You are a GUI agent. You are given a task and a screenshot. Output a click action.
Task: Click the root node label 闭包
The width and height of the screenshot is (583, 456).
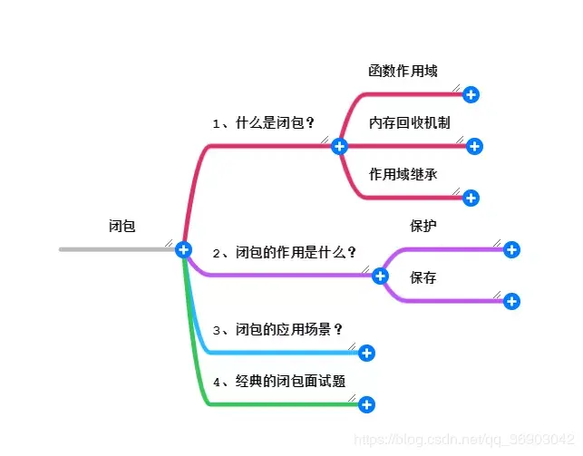pos(121,226)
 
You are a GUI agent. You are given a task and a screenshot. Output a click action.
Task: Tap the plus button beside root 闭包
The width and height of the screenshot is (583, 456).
pos(184,249)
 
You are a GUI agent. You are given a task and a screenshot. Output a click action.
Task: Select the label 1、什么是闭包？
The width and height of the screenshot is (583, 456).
pos(264,122)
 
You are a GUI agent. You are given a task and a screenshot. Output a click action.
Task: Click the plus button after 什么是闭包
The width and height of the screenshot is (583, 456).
pos(339,146)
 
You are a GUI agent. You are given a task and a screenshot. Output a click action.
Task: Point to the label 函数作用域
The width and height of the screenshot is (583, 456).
pos(403,71)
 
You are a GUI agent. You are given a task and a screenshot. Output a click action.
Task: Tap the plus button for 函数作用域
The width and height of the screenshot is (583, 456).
pos(471,94)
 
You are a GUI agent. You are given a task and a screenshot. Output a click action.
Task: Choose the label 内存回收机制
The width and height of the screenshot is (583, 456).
pos(410,122)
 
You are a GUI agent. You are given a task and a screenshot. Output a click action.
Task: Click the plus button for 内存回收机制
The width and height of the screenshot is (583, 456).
pos(474,146)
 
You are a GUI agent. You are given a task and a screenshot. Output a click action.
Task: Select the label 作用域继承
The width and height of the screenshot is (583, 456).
pos(403,174)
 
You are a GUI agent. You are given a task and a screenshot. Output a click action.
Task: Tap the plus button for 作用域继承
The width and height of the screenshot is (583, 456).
pos(471,198)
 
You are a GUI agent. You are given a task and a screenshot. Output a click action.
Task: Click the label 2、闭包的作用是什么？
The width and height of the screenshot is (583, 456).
pos(285,252)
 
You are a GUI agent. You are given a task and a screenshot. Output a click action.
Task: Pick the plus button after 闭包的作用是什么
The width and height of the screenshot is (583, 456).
pos(380,276)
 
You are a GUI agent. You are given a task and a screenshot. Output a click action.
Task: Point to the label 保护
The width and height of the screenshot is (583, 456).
pos(423,226)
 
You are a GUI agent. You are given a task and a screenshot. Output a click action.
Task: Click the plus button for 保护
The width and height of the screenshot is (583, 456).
pos(511,249)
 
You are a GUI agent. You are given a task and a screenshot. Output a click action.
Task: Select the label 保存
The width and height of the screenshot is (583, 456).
pos(423,277)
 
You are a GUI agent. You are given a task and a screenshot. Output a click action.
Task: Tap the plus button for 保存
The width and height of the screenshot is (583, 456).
pos(511,301)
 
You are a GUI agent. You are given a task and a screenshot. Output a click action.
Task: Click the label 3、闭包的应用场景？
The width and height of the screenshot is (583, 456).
pos(277,329)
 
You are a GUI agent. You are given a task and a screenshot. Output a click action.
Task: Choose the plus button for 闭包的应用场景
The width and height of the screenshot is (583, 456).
pos(366,353)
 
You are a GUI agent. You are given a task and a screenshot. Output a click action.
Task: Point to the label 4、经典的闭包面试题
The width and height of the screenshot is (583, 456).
pos(278,381)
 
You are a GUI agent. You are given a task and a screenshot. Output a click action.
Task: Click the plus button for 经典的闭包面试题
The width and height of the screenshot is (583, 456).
pos(366,404)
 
